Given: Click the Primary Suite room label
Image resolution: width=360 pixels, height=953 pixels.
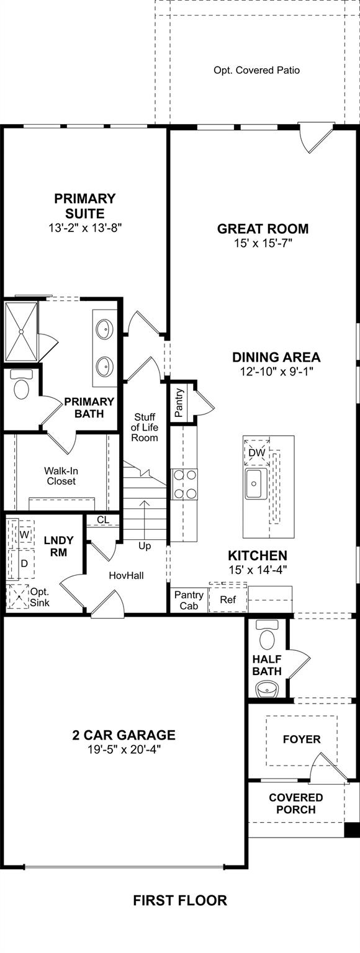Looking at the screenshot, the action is tap(84, 205).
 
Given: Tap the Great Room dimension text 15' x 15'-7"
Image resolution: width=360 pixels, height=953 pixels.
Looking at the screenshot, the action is tap(263, 243).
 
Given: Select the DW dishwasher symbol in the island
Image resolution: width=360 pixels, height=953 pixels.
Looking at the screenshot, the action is tap(256, 453).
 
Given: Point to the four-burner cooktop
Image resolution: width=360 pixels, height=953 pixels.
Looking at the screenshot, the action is tap(184, 484).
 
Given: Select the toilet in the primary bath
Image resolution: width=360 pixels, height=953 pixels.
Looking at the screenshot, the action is tap(21, 385).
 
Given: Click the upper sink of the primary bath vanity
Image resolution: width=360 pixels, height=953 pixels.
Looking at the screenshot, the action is tap(104, 329).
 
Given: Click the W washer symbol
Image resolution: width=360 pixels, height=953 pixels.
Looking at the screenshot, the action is tap(25, 535).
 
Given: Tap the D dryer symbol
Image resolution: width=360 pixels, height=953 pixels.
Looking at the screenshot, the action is tap(25, 564).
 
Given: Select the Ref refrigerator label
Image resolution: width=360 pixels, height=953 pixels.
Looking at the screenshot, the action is tap(228, 599).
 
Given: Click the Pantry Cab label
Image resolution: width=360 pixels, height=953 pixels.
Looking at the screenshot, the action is tap(189, 600).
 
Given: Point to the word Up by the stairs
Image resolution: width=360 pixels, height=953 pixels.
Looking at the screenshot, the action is tap(145, 546).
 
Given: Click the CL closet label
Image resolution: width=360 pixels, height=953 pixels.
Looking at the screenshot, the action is tap(103, 520).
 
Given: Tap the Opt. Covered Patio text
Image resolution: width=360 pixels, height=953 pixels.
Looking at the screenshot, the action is tap(256, 70).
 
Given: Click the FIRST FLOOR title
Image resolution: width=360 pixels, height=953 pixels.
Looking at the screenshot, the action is tap(180, 901).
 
